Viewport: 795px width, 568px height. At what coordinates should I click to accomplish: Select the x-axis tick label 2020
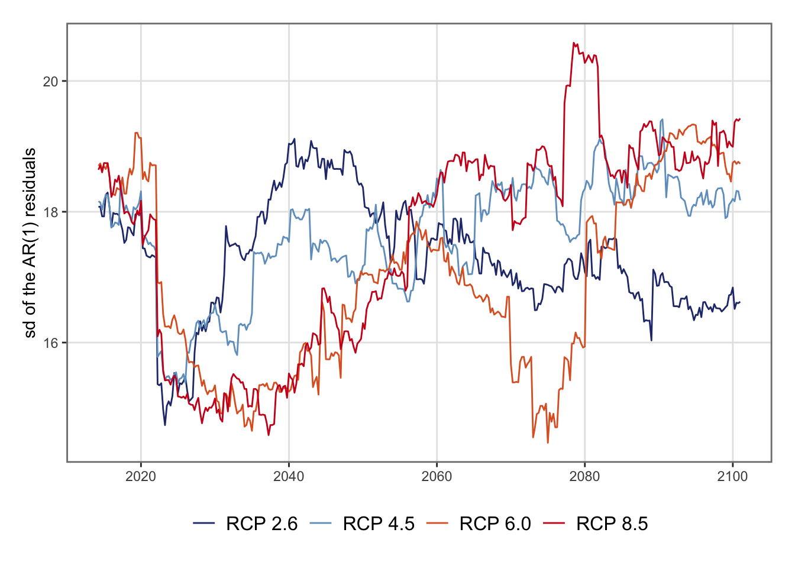[x=141, y=477]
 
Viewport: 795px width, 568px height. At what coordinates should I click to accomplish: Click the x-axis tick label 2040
[x=289, y=477]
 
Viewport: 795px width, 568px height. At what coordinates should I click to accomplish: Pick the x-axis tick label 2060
[x=437, y=477]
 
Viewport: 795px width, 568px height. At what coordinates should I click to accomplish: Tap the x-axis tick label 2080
[x=584, y=477]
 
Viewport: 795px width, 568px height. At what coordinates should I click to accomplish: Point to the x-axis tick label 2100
[x=732, y=477]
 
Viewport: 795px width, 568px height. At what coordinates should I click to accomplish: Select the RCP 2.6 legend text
[x=261, y=524]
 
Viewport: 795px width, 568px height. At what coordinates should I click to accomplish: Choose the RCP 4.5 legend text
[x=379, y=524]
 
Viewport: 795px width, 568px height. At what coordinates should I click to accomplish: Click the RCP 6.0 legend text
[x=495, y=524]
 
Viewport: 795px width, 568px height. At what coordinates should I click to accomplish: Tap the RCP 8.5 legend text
[x=612, y=524]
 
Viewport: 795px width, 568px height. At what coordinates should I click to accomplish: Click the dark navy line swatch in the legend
[x=204, y=524]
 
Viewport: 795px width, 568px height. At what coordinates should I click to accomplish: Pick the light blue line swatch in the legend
[x=321, y=524]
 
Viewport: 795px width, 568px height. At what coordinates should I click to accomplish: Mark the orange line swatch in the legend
[x=438, y=524]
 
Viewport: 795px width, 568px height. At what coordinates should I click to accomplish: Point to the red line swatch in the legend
[x=555, y=524]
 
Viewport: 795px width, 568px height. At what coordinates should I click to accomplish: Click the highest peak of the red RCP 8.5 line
[x=574, y=43]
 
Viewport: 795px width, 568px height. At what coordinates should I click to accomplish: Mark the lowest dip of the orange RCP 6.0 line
[x=548, y=443]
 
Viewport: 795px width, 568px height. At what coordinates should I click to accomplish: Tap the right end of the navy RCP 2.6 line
[x=739, y=302]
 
